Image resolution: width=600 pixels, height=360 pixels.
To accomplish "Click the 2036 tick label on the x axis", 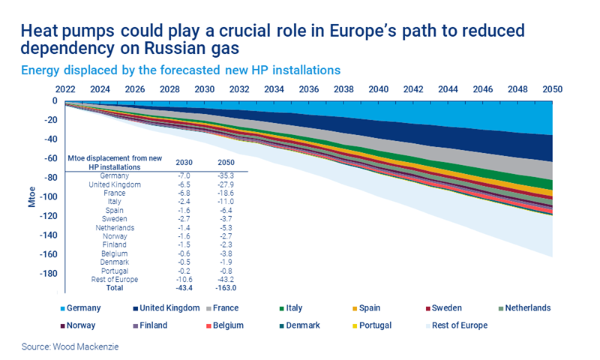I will click(x=308, y=88).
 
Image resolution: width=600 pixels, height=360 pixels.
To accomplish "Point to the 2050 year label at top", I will click(x=552, y=88).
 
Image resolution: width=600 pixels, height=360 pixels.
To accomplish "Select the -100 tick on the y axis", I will click(x=47, y=196).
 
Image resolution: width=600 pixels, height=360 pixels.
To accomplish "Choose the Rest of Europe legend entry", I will click(x=459, y=325).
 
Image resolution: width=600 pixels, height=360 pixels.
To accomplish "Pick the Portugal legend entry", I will click(x=375, y=325).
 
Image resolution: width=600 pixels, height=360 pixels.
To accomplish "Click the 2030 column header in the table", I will click(x=184, y=162).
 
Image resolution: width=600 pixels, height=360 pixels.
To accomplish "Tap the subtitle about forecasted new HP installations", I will click(x=181, y=70).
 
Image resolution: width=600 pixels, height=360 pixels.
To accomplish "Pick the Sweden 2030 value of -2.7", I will click(x=184, y=218).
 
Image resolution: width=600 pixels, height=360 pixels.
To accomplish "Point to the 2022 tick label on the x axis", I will click(x=64, y=88).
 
